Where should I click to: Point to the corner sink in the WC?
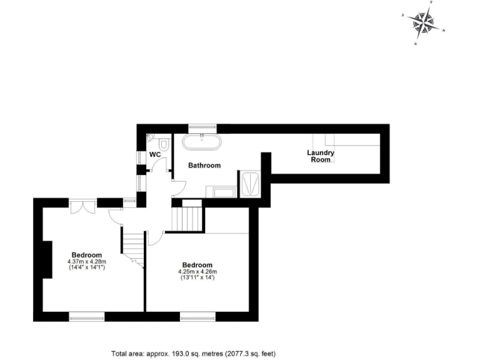(x=151, y=137)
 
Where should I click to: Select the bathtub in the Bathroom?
(x=202, y=141)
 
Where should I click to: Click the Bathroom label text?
(x=205, y=166)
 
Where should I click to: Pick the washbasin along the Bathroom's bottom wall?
(x=219, y=191)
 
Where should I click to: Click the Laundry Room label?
(x=321, y=156)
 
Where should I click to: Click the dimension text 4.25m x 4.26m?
(x=197, y=272)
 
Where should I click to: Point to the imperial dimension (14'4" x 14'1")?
(x=87, y=267)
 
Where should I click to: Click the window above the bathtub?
(x=201, y=127)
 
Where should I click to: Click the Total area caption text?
(x=193, y=353)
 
